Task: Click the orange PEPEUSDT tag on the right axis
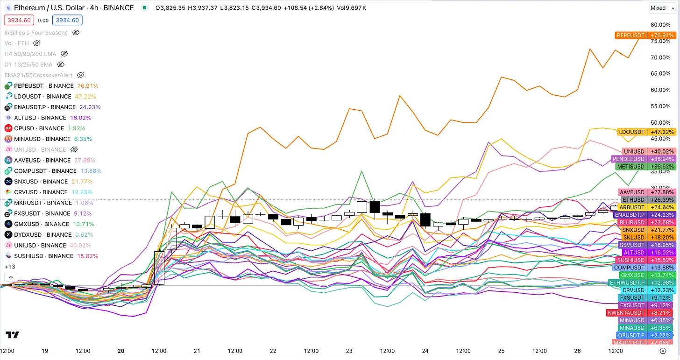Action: point(630,35)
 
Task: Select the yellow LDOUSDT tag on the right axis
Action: point(631,132)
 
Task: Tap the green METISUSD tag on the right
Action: point(631,167)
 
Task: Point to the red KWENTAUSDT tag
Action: point(626,313)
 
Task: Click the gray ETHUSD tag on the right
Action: point(633,200)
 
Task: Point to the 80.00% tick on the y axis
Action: point(660,25)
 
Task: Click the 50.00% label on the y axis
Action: point(660,122)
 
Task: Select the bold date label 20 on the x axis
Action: point(121,351)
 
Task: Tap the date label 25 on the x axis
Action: point(501,351)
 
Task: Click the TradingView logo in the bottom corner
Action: point(13,335)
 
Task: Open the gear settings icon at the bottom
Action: point(663,351)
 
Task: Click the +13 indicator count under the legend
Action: point(9,267)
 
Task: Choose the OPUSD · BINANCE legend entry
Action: point(40,128)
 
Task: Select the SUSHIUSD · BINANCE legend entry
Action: point(43,256)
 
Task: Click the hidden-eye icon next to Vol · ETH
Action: point(37,43)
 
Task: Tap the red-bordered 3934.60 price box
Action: point(18,20)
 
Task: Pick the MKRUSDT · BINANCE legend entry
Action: point(43,203)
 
